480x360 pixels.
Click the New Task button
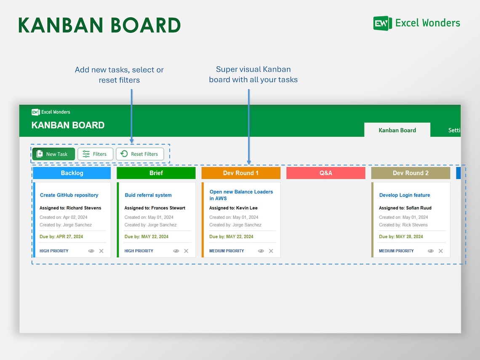[x=53, y=154]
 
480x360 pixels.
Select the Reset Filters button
[x=140, y=154]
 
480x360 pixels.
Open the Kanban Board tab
[x=397, y=130]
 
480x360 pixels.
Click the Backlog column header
[x=72, y=173]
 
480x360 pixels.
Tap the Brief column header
[x=156, y=173]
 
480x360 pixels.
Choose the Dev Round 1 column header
[x=241, y=173]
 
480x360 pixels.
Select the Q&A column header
[x=326, y=173]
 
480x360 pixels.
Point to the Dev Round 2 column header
[x=411, y=173]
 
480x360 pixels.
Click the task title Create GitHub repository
[x=69, y=195]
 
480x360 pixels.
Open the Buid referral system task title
[x=148, y=195]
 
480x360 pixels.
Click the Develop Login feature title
[x=405, y=195]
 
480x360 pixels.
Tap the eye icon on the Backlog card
[x=91, y=251]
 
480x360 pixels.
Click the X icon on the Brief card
[x=186, y=251]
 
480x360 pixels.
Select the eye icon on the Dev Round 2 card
[x=431, y=251]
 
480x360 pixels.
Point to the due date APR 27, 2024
[x=69, y=237]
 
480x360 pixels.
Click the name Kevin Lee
[x=247, y=208]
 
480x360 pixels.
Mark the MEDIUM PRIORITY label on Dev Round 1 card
[x=227, y=251]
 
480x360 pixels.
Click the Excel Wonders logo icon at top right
[x=382, y=23]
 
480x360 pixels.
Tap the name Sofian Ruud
[x=419, y=208]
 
